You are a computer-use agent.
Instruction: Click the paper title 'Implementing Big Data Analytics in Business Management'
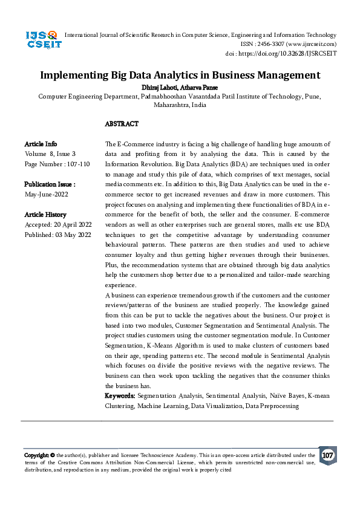tap(180, 76)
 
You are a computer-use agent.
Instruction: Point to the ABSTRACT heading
tap(122, 124)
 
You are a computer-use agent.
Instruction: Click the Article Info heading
tap(41, 144)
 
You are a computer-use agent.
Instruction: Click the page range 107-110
tap(77, 164)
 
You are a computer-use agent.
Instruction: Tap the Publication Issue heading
tap(50, 184)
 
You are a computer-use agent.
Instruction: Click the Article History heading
tap(45, 215)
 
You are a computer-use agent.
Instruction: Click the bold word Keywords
tap(120, 396)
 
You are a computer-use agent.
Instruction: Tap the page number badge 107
tap(327, 455)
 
